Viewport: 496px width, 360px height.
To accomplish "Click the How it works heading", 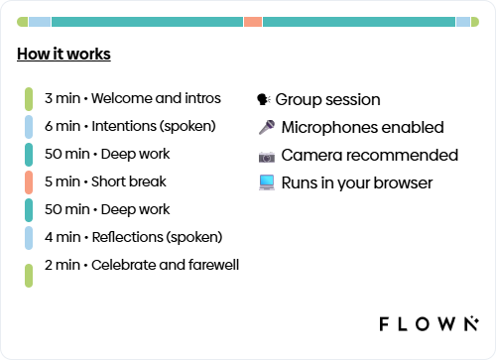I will [63, 55].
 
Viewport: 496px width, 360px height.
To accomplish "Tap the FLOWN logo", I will [430, 323].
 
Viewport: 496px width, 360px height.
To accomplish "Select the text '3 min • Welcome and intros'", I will [147, 98].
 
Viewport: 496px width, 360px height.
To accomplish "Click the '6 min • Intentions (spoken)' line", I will [134, 126].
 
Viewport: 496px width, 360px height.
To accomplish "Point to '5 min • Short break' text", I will [105, 181].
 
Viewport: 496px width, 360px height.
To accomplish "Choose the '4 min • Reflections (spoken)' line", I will [133, 237].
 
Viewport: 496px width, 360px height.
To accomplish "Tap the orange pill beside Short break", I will [31, 181].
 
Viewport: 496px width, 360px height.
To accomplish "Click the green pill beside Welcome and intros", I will [31, 98].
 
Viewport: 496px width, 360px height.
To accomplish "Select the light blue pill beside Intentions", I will [31, 126].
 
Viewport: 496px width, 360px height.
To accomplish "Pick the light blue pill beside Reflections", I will [31, 237].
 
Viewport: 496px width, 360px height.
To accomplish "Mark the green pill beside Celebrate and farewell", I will [31, 274].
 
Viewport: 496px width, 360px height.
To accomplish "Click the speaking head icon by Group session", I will [264, 99].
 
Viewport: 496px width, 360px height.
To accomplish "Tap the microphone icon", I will [266, 127].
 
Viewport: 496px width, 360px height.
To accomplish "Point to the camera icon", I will [266, 156].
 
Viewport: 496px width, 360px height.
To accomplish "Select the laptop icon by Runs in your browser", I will [266, 182].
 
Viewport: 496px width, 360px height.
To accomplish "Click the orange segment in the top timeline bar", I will [253, 21].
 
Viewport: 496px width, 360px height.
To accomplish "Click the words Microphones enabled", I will [362, 127].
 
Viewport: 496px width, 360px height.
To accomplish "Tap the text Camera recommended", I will [369, 155].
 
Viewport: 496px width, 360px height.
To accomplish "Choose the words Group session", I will [327, 99].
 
